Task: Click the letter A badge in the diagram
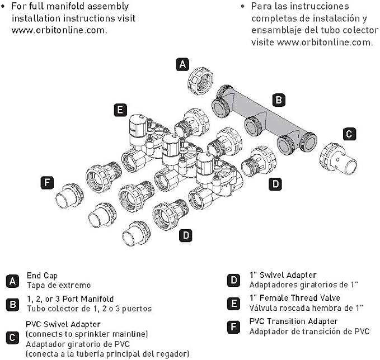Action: tap(182, 64)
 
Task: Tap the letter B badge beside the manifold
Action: tap(279, 100)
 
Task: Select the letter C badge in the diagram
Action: tap(349, 134)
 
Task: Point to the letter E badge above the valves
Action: tap(120, 110)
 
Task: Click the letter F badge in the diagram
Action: tap(47, 183)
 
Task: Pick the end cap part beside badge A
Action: tap(200, 81)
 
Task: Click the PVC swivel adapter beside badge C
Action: tap(337, 159)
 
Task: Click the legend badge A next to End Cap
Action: tap(12, 281)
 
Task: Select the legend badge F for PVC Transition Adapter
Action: tap(233, 327)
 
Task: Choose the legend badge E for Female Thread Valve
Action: tap(233, 304)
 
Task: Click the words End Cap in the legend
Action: tap(42, 276)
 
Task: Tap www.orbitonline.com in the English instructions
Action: tap(59, 30)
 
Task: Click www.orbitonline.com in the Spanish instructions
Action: tap(325, 42)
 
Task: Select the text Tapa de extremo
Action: tap(59, 285)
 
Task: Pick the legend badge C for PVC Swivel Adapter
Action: tap(12, 338)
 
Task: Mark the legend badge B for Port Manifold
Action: tap(12, 305)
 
